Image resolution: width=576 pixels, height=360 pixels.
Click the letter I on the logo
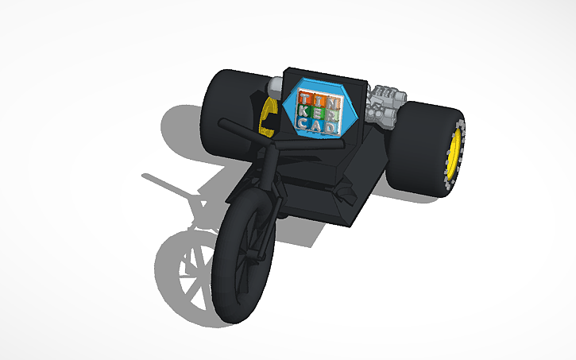coord(317,100)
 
